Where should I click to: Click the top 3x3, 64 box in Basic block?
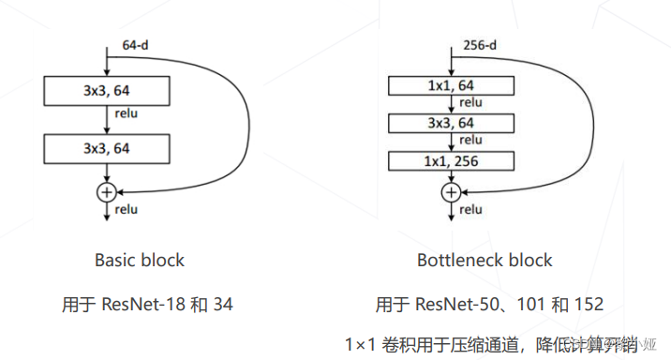[106, 91]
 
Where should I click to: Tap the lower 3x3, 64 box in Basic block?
[106, 148]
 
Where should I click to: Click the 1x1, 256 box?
[451, 161]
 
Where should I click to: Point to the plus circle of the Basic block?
[107, 190]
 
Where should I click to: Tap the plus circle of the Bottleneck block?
[451, 191]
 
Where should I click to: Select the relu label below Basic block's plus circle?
[126, 209]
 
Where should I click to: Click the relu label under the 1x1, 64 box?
[470, 104]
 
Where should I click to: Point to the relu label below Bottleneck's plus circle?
[470, 210]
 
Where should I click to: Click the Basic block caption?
[140, 260]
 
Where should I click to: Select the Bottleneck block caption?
[485, 260]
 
